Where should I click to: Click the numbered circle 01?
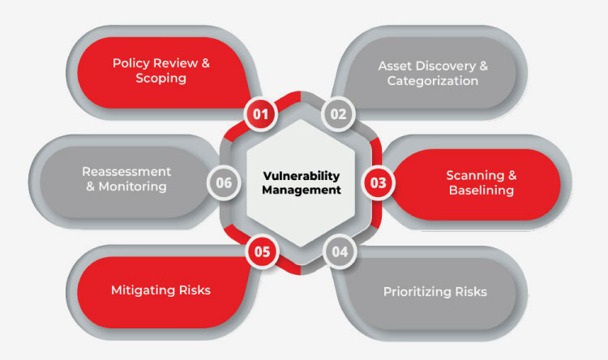(x=260, y=114)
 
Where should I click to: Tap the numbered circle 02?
(x=338, y=114)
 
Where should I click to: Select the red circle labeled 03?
(x=378, y=182)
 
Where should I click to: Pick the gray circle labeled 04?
(x=340, y=252)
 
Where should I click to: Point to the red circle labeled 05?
(x=262, y=252)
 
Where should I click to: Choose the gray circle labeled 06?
(x=224, y=182)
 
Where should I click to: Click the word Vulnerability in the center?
(x=302, y=176)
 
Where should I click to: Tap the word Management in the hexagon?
(x=302, y=190)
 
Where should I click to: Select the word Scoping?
(x=161, y=79)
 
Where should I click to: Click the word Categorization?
(x=433, y=81)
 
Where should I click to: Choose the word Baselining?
(x=482, y=190)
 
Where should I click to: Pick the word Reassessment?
(x=126, y=171)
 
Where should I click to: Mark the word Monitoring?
(x=133, y=186)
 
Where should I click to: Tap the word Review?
(x=175, y=63)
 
